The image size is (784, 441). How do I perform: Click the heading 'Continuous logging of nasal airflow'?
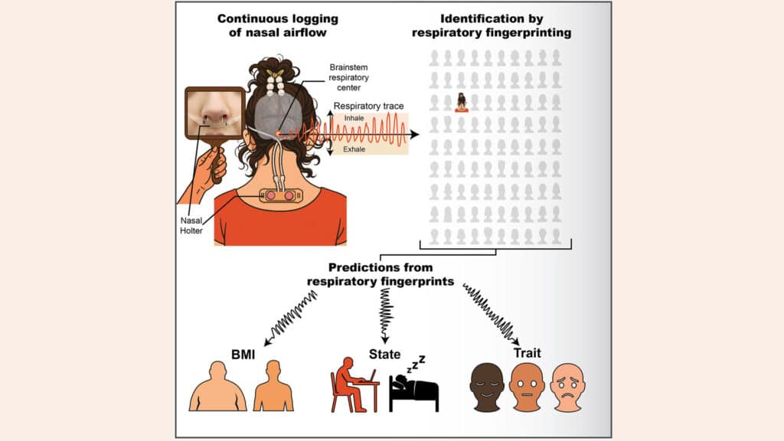click(x=277, y=26)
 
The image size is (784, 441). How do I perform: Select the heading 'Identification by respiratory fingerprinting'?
click(x=492, y=26)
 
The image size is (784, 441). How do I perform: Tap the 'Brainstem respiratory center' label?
click(x=348, y=77)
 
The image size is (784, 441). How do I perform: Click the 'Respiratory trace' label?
click(x=368, y=106)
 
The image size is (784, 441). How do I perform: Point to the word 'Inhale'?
click(x=354, y=118)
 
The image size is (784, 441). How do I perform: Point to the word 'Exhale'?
click(x=354, y=149)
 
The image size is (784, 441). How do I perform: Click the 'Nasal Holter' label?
click(x=191, y=226)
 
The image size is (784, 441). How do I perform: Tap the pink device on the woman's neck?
click(x=280, y=195)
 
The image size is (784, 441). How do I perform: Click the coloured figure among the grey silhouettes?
click(x=462, y=103)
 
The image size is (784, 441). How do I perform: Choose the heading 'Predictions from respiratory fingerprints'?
click(x=381, y=275)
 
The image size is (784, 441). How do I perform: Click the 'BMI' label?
click(x=243, y=354)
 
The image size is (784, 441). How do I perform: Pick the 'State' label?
click(x=384, y=354)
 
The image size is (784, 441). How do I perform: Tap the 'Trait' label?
click(x=527, y=353)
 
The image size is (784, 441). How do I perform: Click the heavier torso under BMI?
click(x=217, y=387)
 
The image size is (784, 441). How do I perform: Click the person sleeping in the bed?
click(x=413, y=391)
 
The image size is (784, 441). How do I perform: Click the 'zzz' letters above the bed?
click(x=416, y=364)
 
